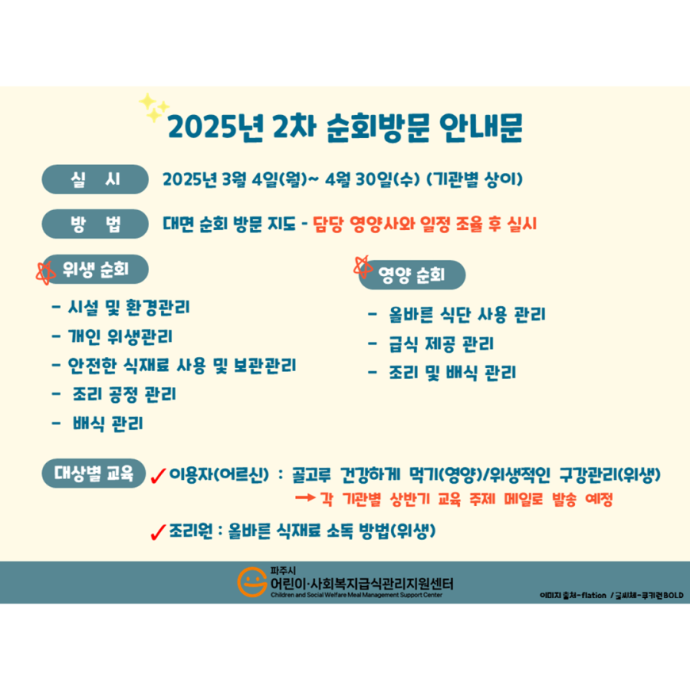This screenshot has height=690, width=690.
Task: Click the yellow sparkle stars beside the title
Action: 153,107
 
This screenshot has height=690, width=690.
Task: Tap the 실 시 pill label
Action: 95,179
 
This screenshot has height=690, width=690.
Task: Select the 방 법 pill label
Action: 95,224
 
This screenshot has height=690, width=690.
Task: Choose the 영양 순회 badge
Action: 412,275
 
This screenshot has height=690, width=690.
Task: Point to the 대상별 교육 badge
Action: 94,473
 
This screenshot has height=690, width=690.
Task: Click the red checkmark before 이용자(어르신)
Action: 158,476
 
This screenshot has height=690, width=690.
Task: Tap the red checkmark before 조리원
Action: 158,532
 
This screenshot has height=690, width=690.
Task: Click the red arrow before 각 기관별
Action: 305,498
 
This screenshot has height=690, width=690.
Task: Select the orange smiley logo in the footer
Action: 252,582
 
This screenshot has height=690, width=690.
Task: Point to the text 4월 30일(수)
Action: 372,179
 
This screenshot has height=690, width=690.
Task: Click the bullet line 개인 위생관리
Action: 112,336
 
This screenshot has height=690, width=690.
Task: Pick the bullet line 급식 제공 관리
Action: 431,343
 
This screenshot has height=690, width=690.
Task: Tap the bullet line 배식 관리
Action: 98,424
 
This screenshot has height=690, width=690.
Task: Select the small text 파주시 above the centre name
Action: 283,571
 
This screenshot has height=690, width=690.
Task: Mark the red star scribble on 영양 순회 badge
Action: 363,266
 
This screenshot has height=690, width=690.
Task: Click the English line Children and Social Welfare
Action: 356,595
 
